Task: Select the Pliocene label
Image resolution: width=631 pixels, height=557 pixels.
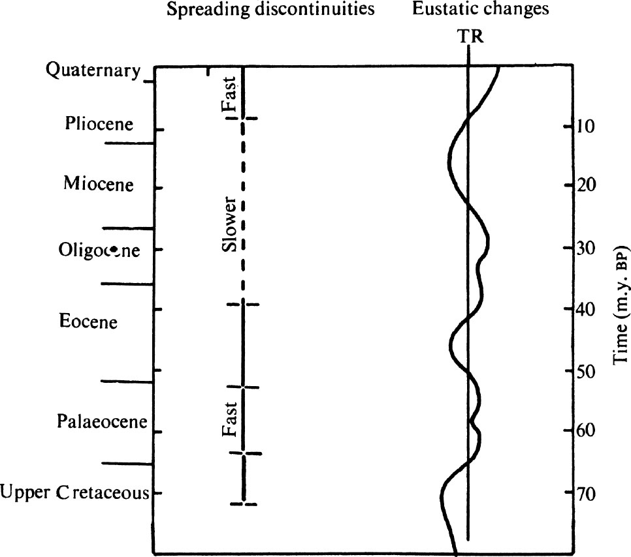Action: [99, 123]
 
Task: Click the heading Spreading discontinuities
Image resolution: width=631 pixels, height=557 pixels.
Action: [271, 10]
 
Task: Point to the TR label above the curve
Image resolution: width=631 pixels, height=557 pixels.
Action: [470, 38]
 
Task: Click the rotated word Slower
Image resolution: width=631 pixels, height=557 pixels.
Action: [228, 224]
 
